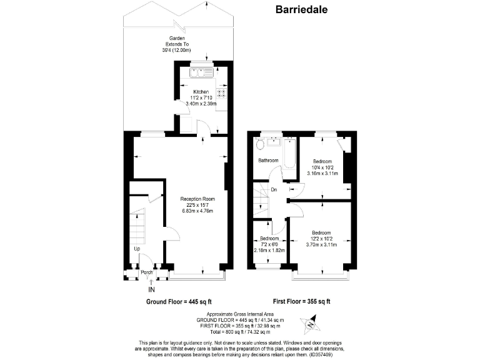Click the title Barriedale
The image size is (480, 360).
(x=302, y=9)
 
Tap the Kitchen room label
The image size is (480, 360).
(x=201, y=92)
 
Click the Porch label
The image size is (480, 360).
(x=146, y=272)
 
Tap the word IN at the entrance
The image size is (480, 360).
(x=151, y=289)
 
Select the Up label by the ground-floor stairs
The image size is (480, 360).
(x=137, y=249)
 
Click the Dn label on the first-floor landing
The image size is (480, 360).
(x=274, y=190)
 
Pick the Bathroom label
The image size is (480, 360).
(x=269, y=161)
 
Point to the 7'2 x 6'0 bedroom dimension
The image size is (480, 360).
(x=269, y=244)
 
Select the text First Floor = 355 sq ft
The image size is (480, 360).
(x=302, y=301)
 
